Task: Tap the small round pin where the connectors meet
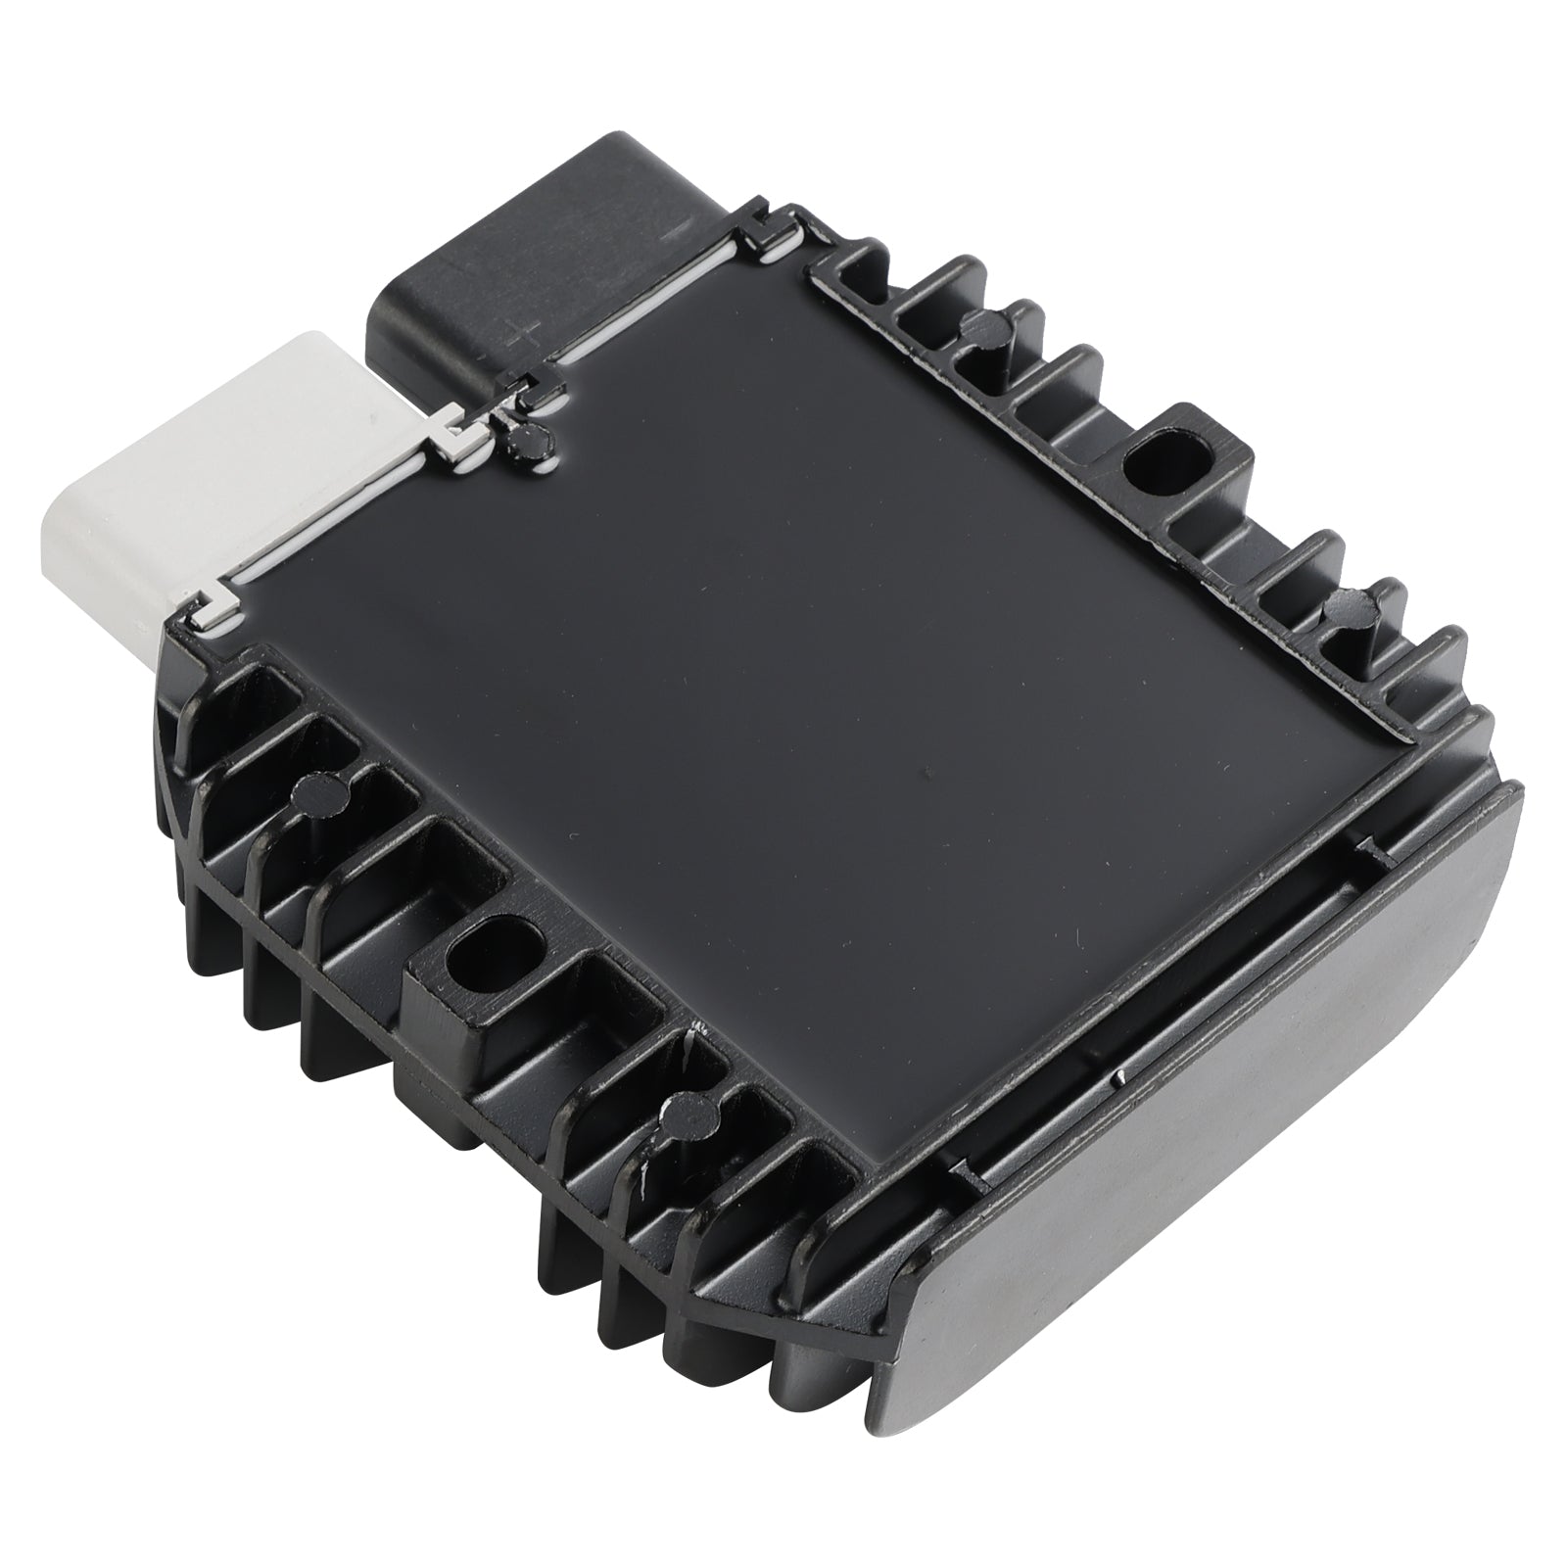[526, 441]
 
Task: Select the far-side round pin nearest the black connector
[983, 330]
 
